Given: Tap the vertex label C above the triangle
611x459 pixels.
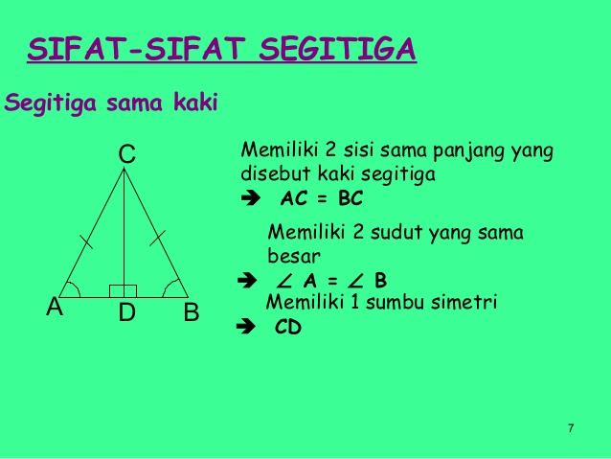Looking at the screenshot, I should (x=126, y=153).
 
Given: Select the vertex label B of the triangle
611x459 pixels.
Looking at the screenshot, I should (x=191, y=311).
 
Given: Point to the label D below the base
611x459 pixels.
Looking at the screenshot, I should (x=126, y=312).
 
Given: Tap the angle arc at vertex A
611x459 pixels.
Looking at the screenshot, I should (x=74, y=289).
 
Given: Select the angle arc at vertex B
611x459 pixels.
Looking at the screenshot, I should (x=172, y=288).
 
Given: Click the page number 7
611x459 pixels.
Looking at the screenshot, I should (x=571, y=427).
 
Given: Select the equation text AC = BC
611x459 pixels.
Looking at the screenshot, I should (x=322, y=200).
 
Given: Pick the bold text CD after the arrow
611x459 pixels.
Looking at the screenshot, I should (x=287, y=327).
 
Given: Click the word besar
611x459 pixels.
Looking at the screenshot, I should (x=293, y=256).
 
